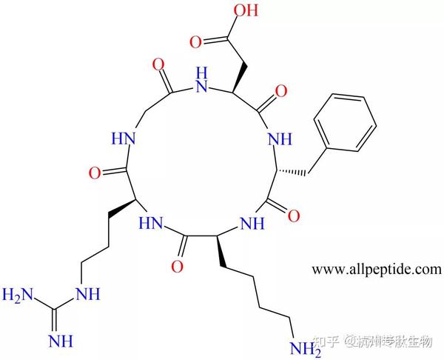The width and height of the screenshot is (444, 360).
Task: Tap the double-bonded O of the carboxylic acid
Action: pyautogui.click(x=195, y=41)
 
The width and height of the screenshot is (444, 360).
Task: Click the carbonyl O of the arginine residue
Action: pyautogui.click(x=92, y=175)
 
